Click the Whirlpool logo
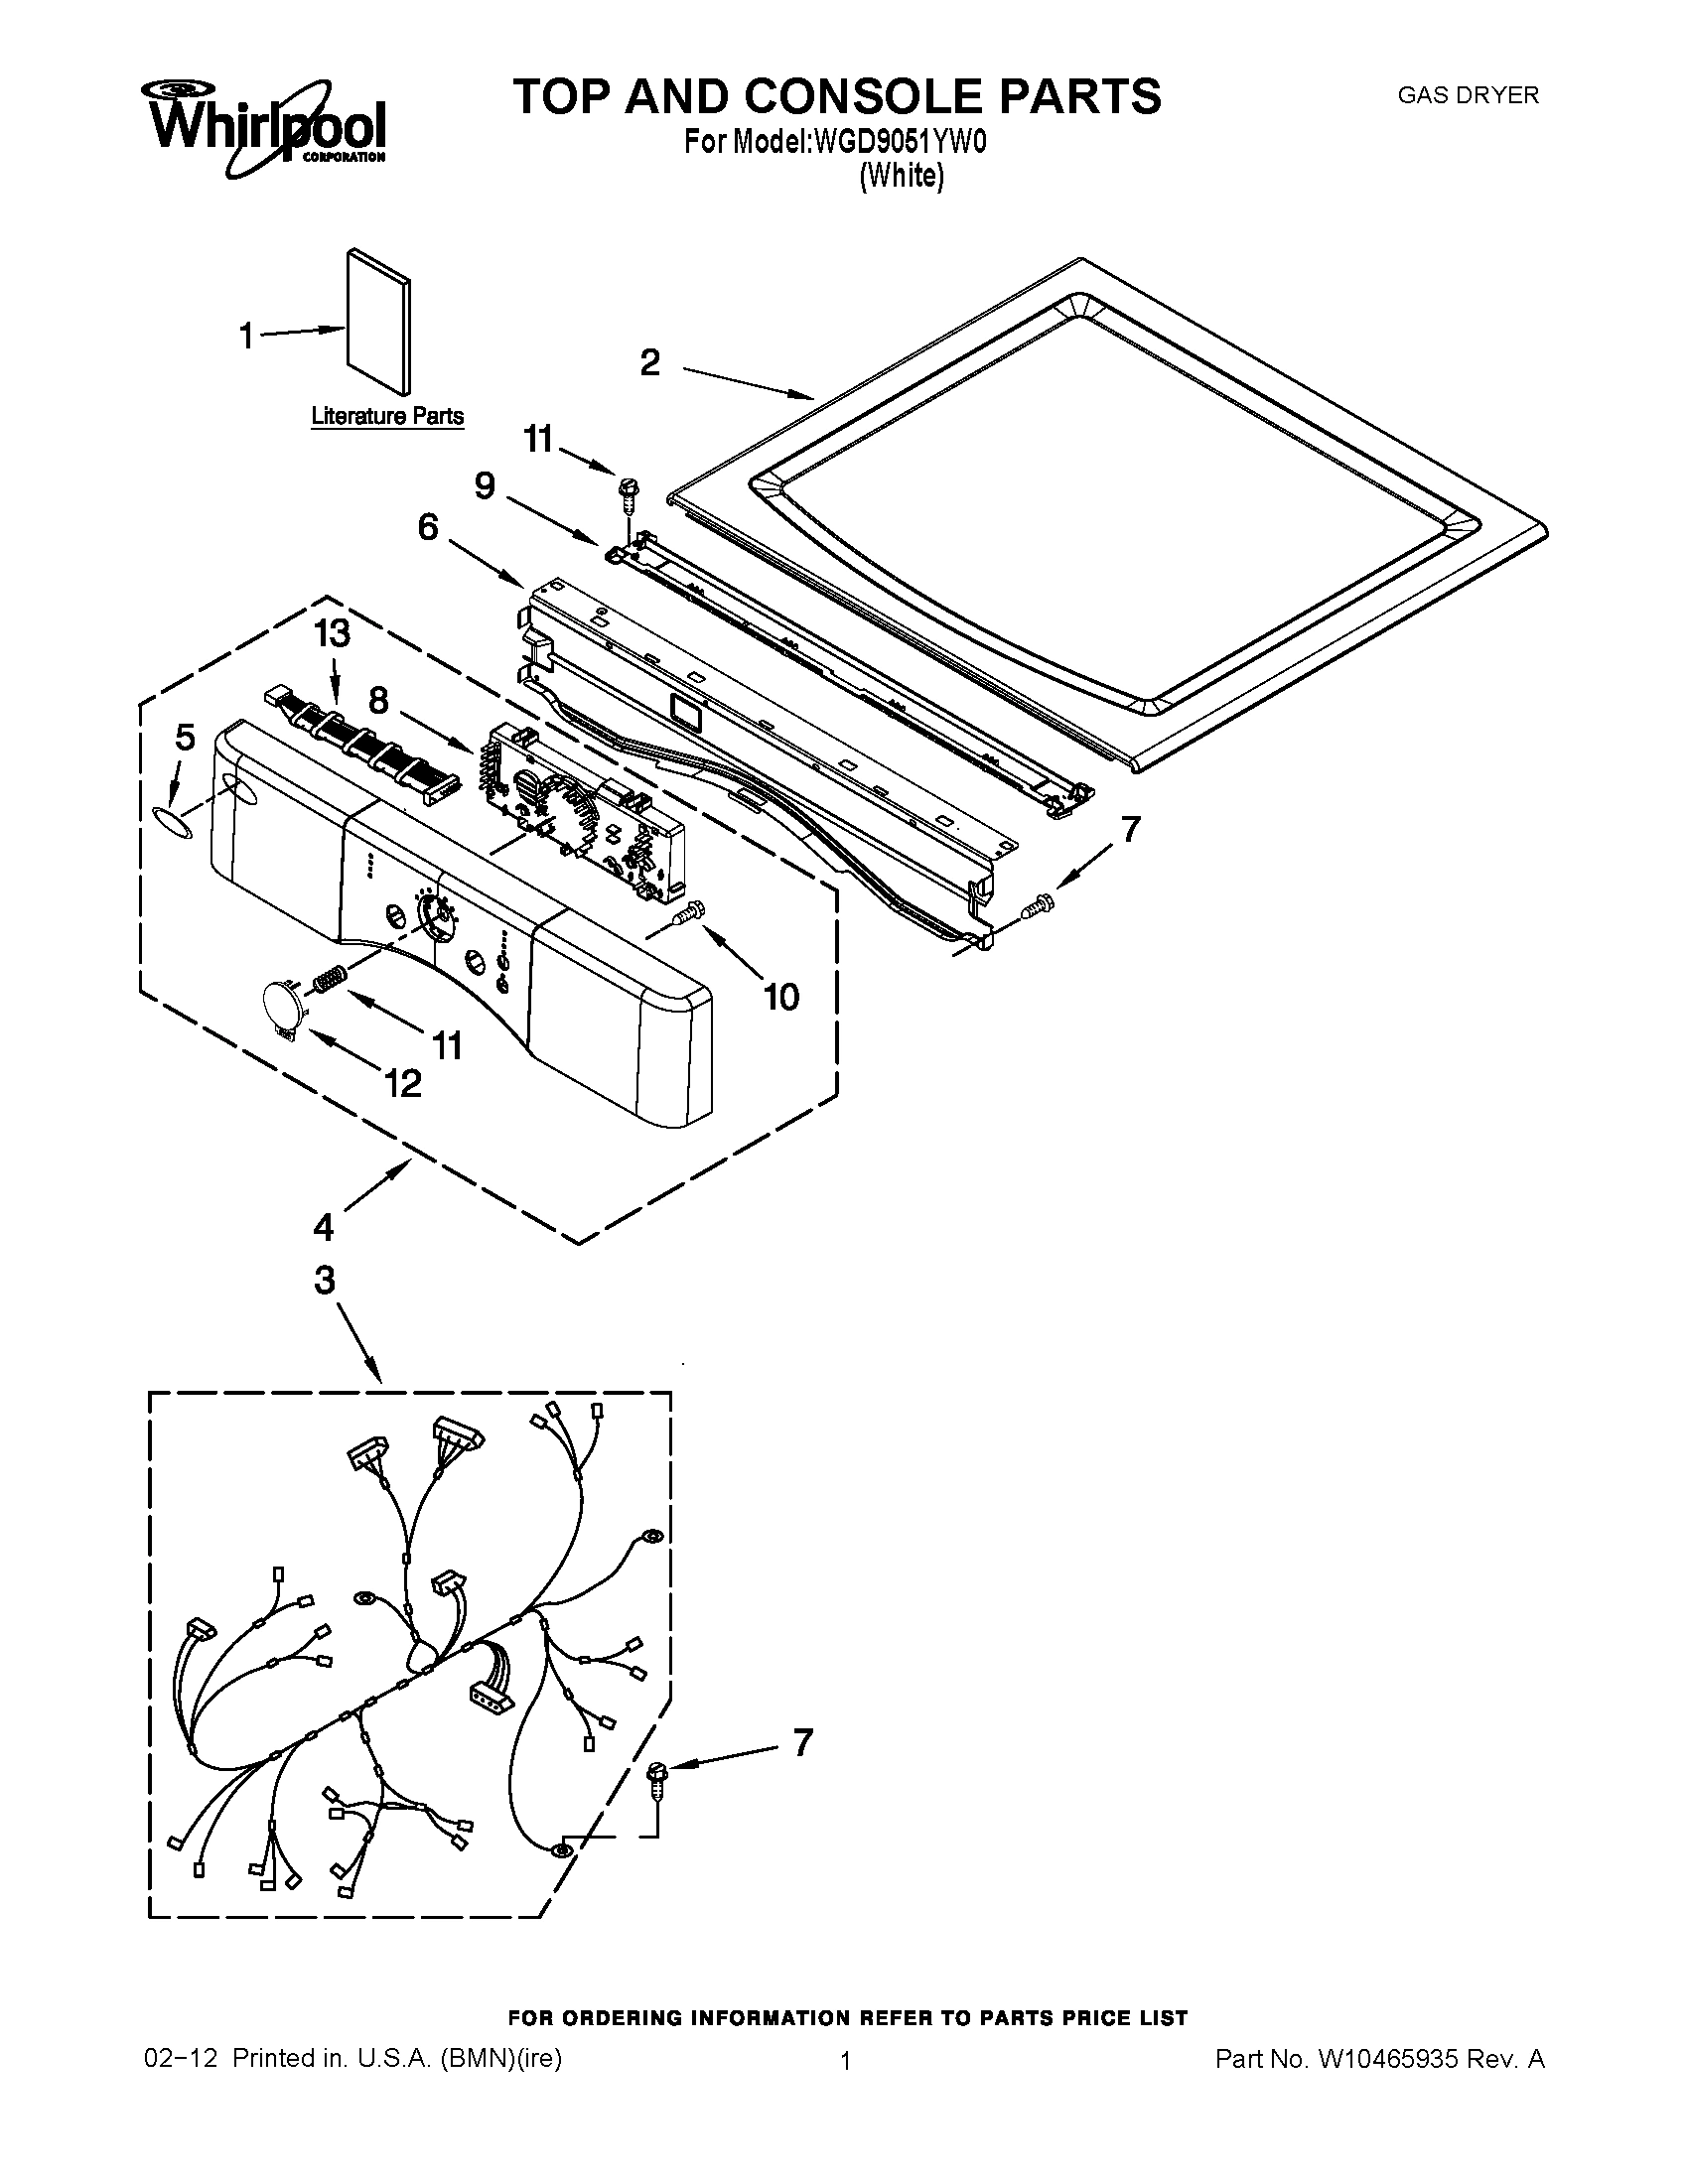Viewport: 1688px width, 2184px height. pyautogui.click(x=267, y=125)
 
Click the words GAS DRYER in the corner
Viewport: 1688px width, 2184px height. pyautogui.click(x=1467, y=96)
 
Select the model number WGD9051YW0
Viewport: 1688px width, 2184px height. pyautogui.click(x=900, y=143)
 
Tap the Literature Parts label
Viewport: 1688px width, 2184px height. pyautogui.click(x=387, y=416)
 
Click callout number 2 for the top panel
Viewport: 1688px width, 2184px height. pyautogui.click(x=650, y=362)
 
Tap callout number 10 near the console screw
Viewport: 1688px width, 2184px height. pyautogui.click(x=781, y=996)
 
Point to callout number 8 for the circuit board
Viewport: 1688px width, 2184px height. pyautogui.click(x=378, y=700)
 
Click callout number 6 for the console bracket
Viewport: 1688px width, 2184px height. pyautogui.click(x=428, y=527)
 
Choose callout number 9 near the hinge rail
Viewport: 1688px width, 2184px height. pyautogui.click(x=484, y=486)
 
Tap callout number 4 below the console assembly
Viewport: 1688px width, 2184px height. pyautogui.click(x=323, y=1226)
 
